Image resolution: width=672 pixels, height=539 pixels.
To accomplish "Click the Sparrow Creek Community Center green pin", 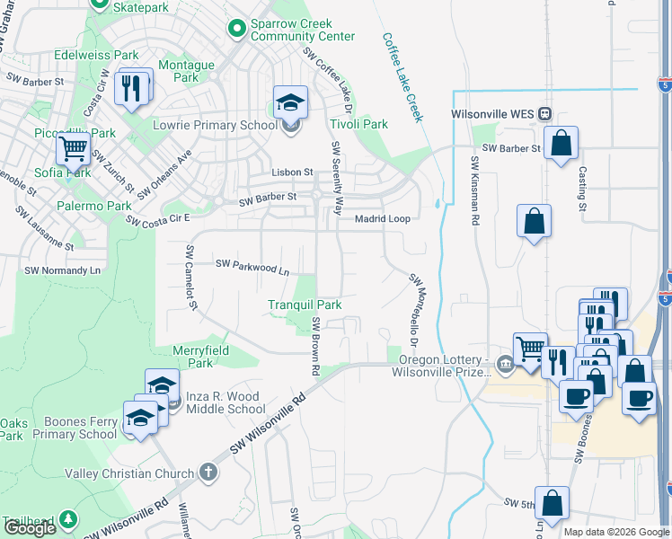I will click(x=237, y=30).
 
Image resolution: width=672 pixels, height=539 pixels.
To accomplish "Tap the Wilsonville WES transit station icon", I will click(x=544, y=114).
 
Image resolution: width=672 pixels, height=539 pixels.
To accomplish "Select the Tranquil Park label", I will click(x=305, y=305).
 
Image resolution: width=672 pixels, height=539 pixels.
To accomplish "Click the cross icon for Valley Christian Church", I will click(x=208, y=473).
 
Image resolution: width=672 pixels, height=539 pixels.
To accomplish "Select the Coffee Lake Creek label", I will click(x=402, y=77).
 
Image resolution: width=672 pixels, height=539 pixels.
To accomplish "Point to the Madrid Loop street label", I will click(x=383, y=218).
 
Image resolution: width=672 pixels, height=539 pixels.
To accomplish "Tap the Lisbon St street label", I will click(x=292, y=172).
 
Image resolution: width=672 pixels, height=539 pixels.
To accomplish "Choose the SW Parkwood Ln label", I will click(x=252, y=267).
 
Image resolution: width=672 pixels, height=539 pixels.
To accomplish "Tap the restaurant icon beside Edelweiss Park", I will click(x=133, y=86).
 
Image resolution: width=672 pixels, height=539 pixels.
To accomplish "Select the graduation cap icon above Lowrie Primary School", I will click(x=290, y=101).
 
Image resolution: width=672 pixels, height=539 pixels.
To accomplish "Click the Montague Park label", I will click(x=186, y=72).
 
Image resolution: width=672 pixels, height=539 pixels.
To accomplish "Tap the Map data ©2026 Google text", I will click(x=616, y=532).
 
